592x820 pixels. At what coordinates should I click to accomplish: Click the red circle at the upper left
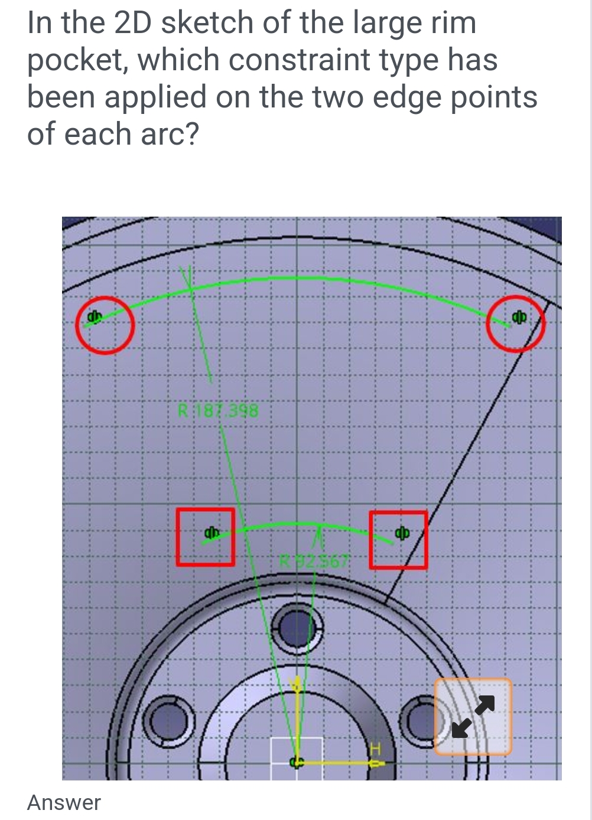(x=105, y=325)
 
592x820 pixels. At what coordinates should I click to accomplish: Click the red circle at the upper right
(x=516, y=324)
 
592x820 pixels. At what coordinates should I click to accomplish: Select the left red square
(x=205, y=537)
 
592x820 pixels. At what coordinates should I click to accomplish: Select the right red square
(x=398, y=540)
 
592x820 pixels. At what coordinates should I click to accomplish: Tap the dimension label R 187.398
(x=218, y=410)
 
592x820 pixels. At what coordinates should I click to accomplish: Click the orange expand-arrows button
(x=473, y=716)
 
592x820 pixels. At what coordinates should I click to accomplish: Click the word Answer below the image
(x=64, y=802)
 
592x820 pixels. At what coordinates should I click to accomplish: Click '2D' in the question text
(x=133, y=22)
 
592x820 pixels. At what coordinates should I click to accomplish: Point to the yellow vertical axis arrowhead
(x=297, y=685)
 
